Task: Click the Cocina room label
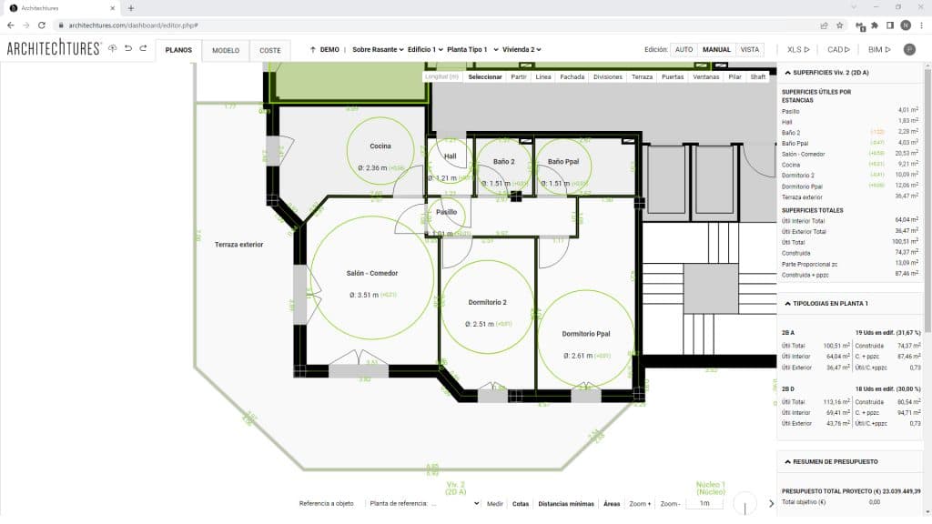(380, 146)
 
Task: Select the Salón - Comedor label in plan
(371, 273)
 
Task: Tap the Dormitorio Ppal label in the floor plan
(585, 334)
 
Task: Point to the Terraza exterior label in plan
(238, 245)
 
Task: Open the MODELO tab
(226, 50)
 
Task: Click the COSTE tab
(270, 50)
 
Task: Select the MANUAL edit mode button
(716, 50)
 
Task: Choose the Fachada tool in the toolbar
(572, 77)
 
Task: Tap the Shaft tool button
(758, 77)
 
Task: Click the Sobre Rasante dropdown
(377, 50)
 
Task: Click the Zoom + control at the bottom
(639, 503)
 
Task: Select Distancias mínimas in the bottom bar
(565, 503)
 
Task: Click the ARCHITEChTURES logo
(53, 49)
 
